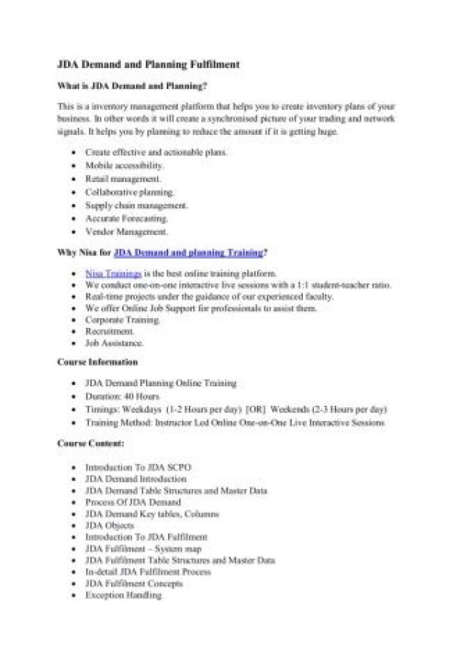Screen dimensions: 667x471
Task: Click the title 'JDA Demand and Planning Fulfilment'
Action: pyautogui.click(x=148, y=65)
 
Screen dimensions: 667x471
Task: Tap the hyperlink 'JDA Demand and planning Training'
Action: pyautogui.click(x=188, y=252)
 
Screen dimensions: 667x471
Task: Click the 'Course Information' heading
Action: pyautogui.click(x=97, y=362)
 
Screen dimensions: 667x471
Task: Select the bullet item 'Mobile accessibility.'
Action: pyautogui.click(x=124, y=166)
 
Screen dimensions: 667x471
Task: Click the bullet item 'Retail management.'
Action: pyautogui.click(x=123, y=179)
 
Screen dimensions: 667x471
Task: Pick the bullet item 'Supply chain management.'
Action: pyautogui.click(x=136, y=206)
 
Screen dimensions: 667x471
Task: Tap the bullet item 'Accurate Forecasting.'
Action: pyautogui.click(x=127, y=219)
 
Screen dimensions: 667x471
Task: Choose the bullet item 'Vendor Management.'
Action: pyautogui.click(x=126, y=232)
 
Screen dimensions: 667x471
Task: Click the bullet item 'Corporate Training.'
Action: pyautogui.click(x=123, y=320)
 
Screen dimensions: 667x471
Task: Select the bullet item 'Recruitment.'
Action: pyautogui.click(x=110, y=332)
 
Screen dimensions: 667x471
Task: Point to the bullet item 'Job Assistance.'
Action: pyautogui.click(x=114, y=343)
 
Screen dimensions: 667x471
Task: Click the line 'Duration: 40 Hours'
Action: pyautogui.click(x=122, y=397)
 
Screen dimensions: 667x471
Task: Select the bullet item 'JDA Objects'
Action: pyautogui.click(x=110, y=526)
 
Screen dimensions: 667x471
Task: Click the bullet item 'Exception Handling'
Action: pyautogui.click(x=123, y=595)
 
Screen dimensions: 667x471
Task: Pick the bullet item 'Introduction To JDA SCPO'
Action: pyautogui.click(x=138, y=468)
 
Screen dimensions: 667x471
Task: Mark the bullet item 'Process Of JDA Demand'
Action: pyautogui.click(x=133, y=502)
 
